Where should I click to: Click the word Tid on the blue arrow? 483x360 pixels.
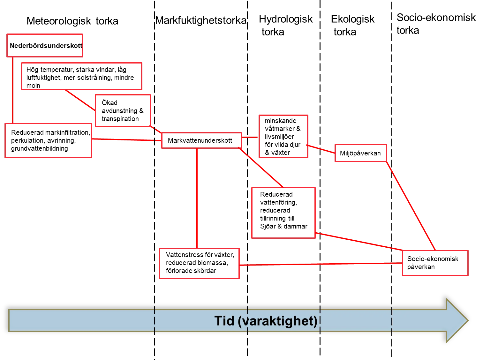225,321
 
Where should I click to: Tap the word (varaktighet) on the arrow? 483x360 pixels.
278,321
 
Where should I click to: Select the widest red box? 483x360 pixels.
82,76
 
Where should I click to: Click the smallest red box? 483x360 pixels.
361,153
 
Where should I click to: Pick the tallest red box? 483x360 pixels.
283,213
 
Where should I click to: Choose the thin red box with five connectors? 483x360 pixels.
201,140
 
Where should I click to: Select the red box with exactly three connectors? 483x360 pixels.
435,263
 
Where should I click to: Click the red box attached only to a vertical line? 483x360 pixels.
45,46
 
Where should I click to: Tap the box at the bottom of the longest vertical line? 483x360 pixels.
199,264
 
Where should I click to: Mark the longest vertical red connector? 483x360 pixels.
197,198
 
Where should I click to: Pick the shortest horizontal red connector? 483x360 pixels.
250,137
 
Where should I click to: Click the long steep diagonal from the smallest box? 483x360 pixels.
411,206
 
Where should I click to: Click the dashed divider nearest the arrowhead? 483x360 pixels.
392,320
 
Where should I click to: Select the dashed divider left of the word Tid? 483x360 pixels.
155,320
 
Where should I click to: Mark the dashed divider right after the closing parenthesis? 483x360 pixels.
320,320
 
